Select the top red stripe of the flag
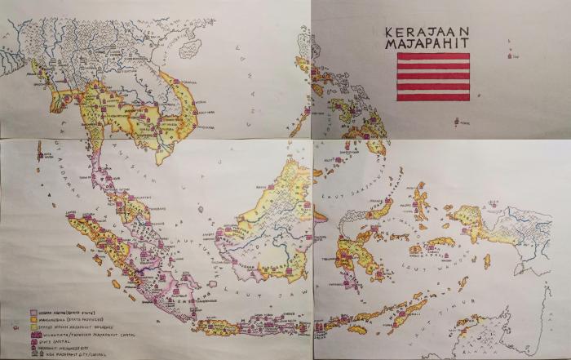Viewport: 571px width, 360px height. click(433, 57)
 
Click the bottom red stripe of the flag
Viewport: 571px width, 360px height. click(433, 96)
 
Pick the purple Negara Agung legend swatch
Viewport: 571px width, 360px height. click(33, 312)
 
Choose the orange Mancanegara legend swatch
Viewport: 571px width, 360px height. click(33, 319)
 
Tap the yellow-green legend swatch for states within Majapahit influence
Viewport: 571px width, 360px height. click(33, 327)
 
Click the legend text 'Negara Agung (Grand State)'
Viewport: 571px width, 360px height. click(66, 312)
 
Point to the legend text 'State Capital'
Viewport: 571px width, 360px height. click(54, 340)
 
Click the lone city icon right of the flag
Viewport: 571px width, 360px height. click(511, 56)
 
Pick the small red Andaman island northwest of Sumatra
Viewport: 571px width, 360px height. click(38, 147)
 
